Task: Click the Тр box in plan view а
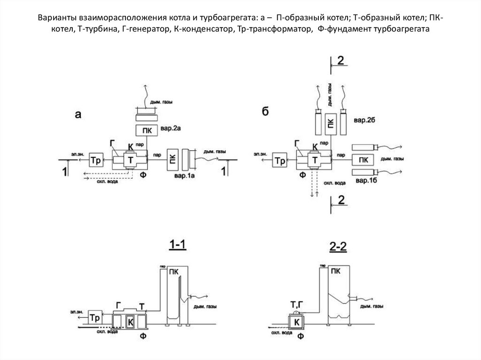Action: [96, 160]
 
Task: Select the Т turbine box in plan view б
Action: [315, 160]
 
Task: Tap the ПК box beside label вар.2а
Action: [147, 130]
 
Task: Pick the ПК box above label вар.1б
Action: [363, 160]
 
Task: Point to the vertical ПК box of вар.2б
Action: [331, 124]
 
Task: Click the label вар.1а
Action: [184, 176]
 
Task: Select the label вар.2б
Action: [365, 120]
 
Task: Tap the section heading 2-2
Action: [338, 246]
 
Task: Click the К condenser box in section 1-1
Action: [130, 322]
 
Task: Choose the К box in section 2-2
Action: [296, 322]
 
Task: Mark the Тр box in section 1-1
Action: [95, 317]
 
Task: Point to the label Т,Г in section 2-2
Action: [297, 305]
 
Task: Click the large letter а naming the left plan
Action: [78, 115]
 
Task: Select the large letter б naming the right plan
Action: [265, 111]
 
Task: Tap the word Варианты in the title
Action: [57, 17]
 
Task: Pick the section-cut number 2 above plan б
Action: [340, 61]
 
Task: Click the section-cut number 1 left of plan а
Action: [64, 171]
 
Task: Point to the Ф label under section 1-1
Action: [143, 336]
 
